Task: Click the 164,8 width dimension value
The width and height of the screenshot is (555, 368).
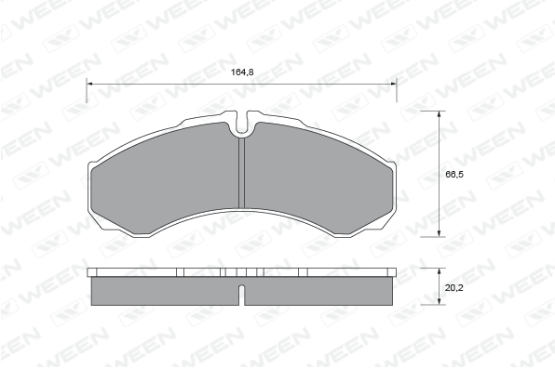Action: click(242, 72)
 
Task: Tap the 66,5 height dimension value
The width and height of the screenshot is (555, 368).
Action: click(454, 174)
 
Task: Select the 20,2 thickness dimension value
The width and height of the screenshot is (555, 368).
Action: click(454, 288)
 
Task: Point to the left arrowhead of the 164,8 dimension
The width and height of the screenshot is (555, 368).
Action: click(90, 84)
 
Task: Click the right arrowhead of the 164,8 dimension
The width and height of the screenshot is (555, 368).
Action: click(393, 84)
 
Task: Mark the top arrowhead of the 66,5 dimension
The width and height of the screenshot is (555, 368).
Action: click(440, 114)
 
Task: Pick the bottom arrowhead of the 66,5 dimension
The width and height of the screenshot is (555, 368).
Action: click(440, 233)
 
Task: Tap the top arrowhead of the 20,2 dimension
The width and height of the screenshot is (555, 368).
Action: click(440, 271)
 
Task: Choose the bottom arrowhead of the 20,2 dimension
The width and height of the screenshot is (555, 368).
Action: click(440, 301)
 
